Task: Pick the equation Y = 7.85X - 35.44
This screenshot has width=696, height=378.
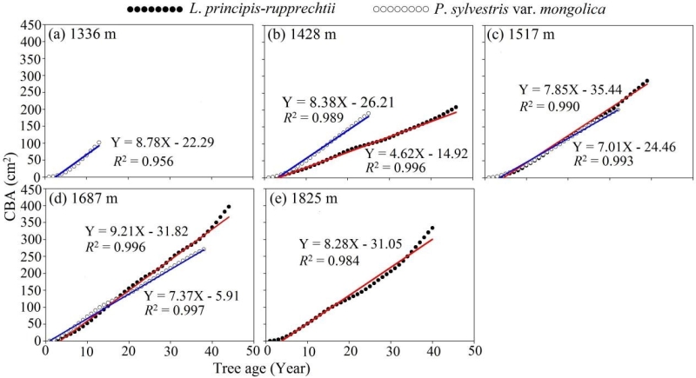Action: [x=570, y=90]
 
